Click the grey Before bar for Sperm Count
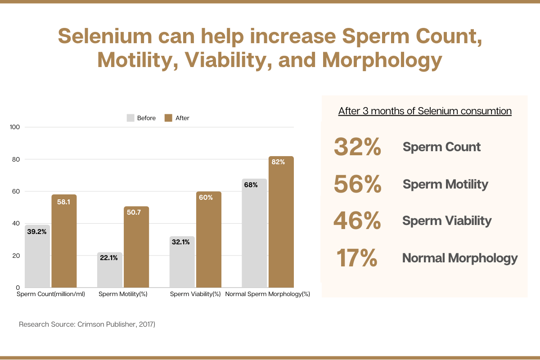(x=37, y=256)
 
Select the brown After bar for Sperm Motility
(x=136, y=247)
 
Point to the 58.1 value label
(x=64, y=202)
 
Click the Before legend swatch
(x=130, y=118)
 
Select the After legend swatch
(x=168, y=118)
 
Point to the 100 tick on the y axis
(x=15, y=127)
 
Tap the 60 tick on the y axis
(x=16, y=191)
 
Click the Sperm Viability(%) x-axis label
(x=195, y=294)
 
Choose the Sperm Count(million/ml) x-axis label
(x=51, y=294)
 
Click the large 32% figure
(x=357, y=147)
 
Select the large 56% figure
(x=357, y=184)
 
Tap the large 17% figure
(x=356, y=258)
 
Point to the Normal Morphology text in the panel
(x=459, y=258)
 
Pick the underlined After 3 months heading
(x=425, y=111)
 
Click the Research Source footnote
(x=87, y=324)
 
